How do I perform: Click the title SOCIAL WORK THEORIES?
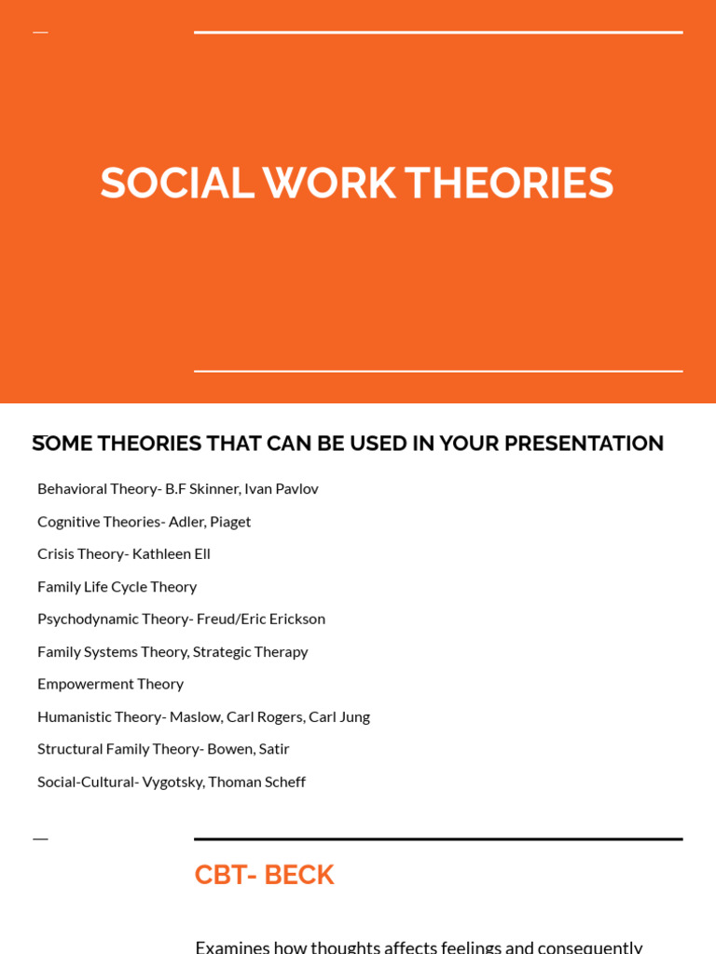point(357,183)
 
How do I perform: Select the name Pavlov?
point(296,488)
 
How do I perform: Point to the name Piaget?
point(230,521)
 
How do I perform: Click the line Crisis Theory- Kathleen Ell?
point(124,553)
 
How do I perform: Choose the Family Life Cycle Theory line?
point(117,586)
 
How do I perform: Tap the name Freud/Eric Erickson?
point(260,619)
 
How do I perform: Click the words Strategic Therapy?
point(250,651)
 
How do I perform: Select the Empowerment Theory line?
point(110,684)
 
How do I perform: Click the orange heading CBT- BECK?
point(264,875)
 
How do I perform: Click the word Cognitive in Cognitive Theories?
point(69,521)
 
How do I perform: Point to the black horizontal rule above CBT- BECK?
point(438,839)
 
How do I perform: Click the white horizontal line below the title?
point(438,371)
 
